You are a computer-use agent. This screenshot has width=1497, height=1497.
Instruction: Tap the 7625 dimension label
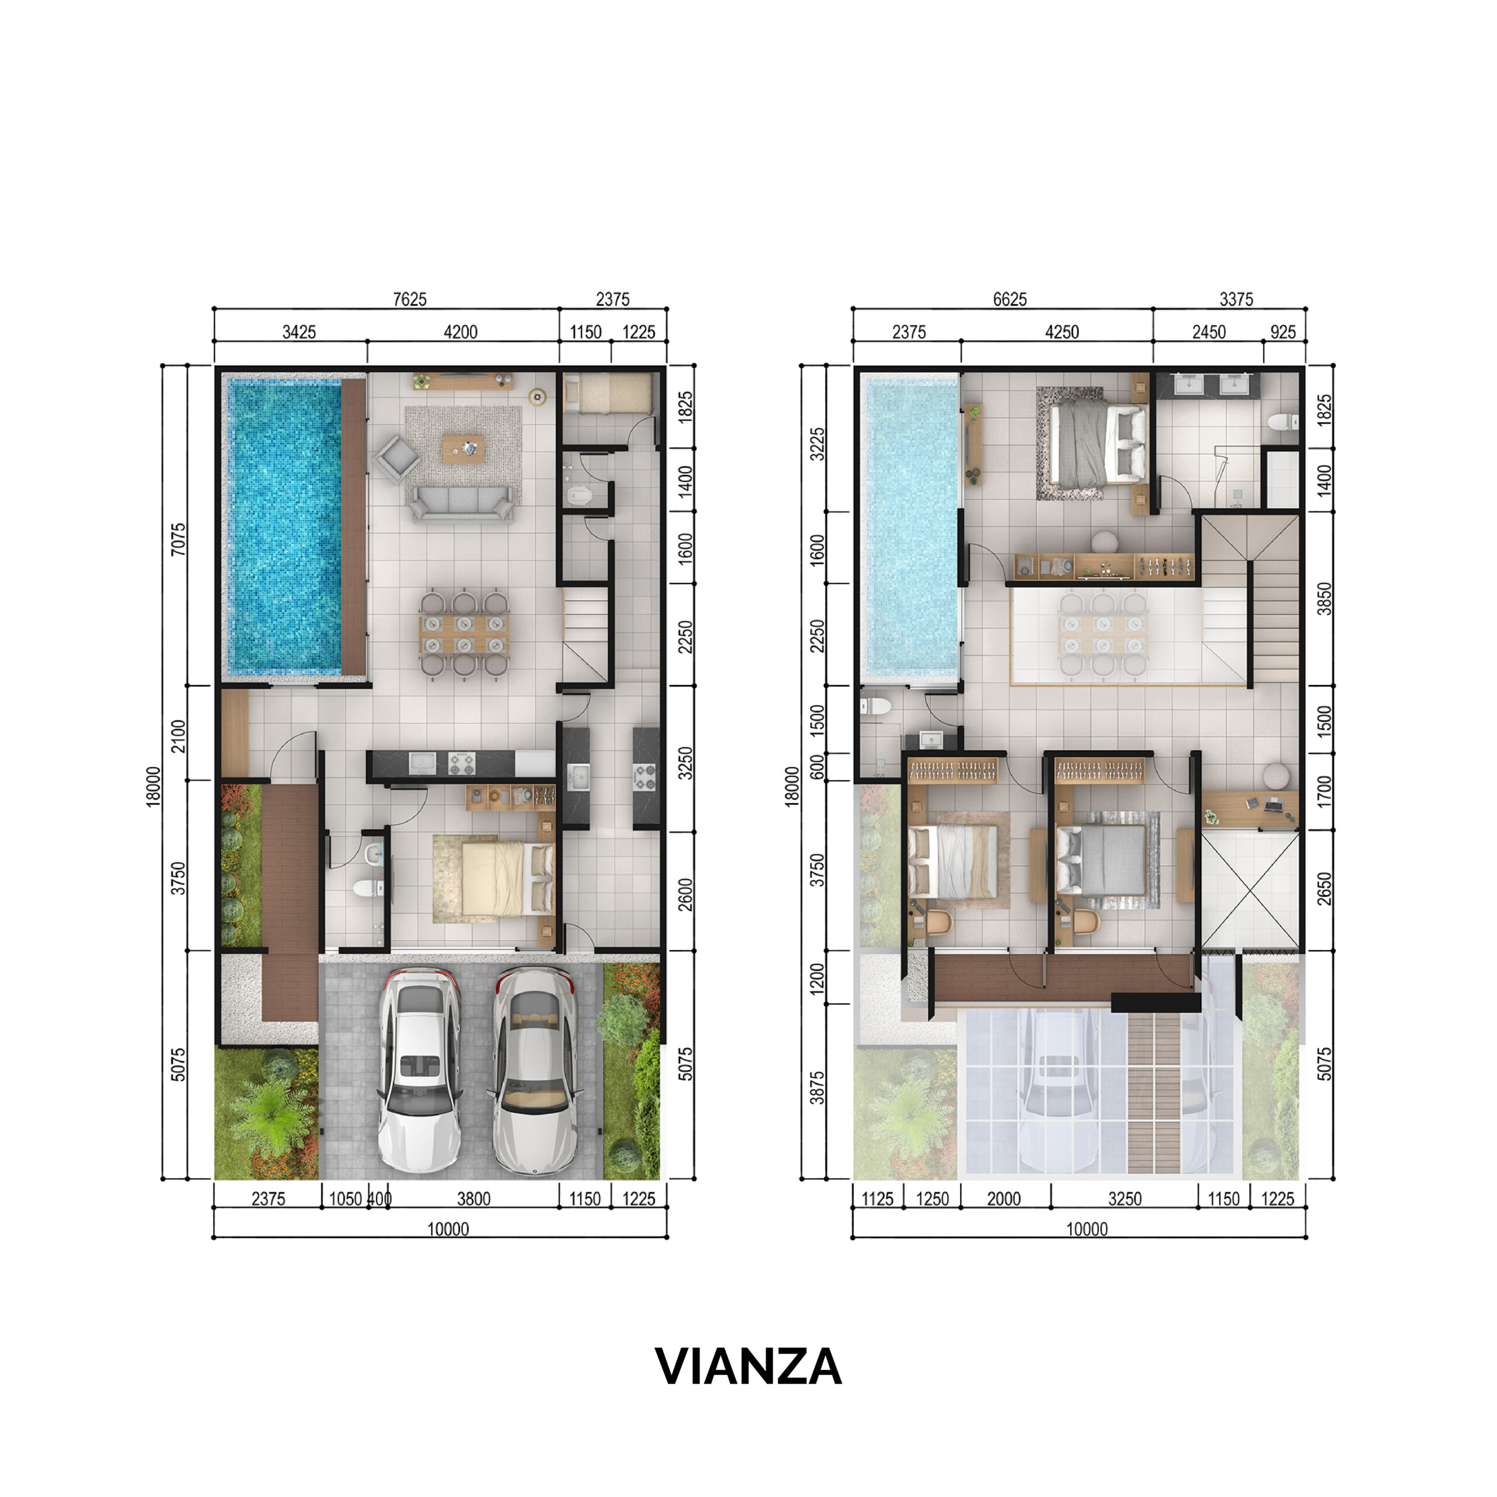(x=410, y=299)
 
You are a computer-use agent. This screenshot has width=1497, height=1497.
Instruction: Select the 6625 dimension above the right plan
(x=1010, y=299)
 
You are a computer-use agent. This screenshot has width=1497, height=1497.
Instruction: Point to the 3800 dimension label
(x=474, y=1199)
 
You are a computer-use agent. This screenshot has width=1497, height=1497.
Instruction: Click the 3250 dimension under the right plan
(x=1125, y=1199)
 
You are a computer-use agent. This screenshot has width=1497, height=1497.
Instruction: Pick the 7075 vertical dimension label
(x=179, y=539)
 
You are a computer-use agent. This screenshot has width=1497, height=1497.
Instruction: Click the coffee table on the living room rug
(x=463, y=449)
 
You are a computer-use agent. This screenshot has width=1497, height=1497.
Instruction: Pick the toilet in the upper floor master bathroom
(x=1284, y=422)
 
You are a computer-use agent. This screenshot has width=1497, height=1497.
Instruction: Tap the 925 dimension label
(x=1283, y=332)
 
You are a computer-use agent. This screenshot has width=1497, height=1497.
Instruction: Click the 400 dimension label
(x=380, y=1199)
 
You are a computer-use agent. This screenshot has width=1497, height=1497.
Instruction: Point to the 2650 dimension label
(x=1324, y=889)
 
